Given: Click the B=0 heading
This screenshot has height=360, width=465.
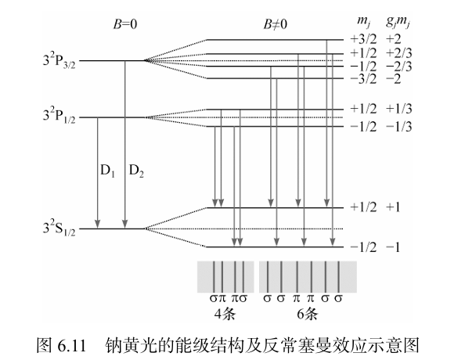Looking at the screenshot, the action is pyautogui.click(x=125, y=24).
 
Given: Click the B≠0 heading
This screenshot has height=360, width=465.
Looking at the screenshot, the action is pyautogui.click(x=276, y=24).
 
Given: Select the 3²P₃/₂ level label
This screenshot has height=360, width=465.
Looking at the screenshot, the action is pyautogui.click(x=59, y=61).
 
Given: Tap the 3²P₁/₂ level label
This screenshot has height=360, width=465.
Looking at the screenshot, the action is pyautogui.click(x=59, y=116).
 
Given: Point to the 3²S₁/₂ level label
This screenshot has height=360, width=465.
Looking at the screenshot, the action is pyautogui.click(x=59, y=229).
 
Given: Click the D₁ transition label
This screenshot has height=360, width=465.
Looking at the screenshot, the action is pyautogui.click(x=108, y=171).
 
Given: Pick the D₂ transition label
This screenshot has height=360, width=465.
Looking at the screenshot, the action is pyautogui.click(x=136, y=171).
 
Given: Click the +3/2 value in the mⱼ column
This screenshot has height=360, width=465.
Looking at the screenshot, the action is pyautogui.click(x=363, y=39).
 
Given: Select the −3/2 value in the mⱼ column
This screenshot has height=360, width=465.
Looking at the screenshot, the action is pyautogui.click(x=363, y=79).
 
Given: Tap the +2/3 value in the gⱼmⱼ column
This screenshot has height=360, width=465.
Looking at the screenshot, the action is pyautogui.click(x=399, y=53).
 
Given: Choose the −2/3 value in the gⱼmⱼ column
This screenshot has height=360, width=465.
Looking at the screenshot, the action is pyautogui.click(x=399, y=67).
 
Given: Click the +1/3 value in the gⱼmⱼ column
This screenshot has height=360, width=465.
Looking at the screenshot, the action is pyautogui.click(x=399, y=109).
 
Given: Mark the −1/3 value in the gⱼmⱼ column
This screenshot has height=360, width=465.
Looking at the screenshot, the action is pyautogui.click(x=399, y=127).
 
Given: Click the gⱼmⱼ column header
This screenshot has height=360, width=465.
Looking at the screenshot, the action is pyautogui.click(x=398, y=23).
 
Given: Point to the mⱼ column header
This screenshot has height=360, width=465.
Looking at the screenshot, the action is pyautogui.click(x=363, y=23).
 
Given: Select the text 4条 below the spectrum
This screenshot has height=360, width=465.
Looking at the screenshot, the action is pyautogui.click(x=225, y=315).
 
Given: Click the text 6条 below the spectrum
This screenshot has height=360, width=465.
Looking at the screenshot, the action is pyautogui.click(x=307, y=315).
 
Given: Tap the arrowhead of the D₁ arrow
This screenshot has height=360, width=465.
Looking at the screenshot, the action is pyautogui.click(x=97, y=225).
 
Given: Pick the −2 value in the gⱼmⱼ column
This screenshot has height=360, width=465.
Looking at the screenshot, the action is pyautogui.click(x=394, y=79).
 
